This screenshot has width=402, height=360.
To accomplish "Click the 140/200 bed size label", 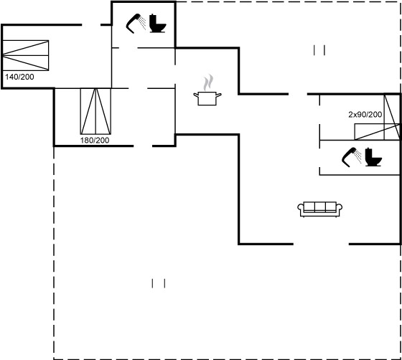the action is point(19,77).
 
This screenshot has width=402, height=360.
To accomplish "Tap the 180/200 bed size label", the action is point(95,141).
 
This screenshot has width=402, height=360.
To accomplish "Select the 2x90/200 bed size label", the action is point(365,115).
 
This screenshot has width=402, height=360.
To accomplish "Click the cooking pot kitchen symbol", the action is point(207,98).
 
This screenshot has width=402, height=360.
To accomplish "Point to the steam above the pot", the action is point(208,82).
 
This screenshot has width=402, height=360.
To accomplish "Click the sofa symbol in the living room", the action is point(319,209).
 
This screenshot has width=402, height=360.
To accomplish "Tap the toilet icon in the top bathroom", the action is point(157,23).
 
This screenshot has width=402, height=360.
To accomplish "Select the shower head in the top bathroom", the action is point(136,24).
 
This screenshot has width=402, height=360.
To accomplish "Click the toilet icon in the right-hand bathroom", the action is point(373,157).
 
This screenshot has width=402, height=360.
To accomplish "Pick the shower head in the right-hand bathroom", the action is point(352,157).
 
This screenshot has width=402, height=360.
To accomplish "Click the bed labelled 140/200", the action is point(25,55).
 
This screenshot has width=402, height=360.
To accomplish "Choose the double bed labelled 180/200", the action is point(95,111).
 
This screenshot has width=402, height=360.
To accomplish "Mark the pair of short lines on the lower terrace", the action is point(159,283).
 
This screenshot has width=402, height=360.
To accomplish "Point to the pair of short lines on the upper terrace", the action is point(319,50).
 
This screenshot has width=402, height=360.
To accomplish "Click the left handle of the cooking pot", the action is point(196,95).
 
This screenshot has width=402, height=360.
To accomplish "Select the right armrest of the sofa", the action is point(339,207).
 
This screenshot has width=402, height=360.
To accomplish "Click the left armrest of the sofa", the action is point(301,207).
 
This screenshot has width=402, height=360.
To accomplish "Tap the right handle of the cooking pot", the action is point(219,95).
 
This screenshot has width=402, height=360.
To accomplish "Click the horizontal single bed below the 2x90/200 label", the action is point(377,132).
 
